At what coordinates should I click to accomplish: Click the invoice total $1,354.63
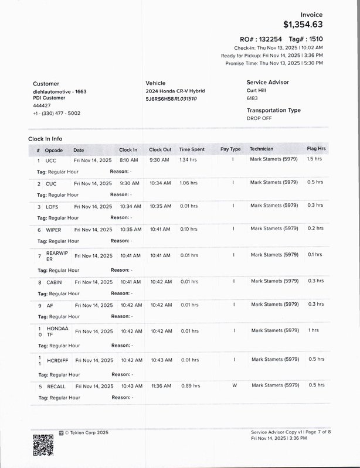point(303,25)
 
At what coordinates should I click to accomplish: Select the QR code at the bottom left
point(43,446)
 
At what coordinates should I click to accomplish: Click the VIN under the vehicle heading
point(171,99)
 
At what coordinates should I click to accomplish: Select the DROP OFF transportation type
point(259,118)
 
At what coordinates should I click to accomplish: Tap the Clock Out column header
point(160,149)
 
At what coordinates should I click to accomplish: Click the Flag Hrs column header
point(316,149)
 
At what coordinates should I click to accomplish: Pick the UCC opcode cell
point(51,160)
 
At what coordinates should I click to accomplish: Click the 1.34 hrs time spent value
point(188,160)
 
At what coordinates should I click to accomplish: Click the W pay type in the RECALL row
point(234,385)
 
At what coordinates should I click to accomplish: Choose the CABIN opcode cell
point(54,282)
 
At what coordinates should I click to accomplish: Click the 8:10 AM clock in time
point(128,160)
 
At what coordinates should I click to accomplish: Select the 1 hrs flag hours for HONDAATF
point(314,330)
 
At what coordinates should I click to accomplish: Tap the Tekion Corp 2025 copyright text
point(86,432)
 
